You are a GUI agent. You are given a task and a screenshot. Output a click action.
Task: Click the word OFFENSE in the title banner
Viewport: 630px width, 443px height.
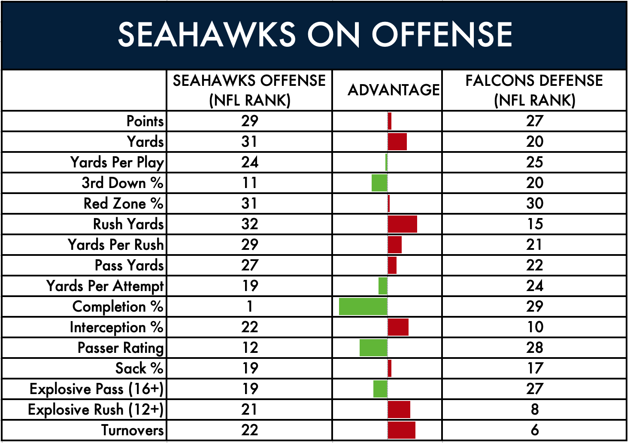tap(442, 35)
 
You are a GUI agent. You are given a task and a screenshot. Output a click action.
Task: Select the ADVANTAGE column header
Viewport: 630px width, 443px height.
tap(394, 90)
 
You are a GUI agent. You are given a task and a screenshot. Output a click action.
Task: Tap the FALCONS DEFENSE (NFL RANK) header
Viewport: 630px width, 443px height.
tap(534, 90)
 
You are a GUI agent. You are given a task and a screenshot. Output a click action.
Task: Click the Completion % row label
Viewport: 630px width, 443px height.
tap(118, 306)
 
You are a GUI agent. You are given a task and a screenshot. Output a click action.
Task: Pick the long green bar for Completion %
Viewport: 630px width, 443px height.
tap(363, 306)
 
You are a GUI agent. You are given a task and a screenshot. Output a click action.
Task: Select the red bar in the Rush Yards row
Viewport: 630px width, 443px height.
tap(403, 224)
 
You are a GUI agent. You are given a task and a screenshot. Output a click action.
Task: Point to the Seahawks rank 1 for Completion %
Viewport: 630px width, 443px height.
tap(249, 306)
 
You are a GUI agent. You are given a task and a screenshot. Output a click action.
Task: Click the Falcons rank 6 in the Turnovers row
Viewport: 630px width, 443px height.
tap(535, 430)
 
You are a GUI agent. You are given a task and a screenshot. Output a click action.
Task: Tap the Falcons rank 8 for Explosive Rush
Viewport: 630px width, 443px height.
tap(535, 409)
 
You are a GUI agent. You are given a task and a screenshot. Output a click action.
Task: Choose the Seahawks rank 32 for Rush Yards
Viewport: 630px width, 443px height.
tap(249, 224)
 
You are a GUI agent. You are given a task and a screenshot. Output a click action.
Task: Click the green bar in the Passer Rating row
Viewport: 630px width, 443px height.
tap(373, 348)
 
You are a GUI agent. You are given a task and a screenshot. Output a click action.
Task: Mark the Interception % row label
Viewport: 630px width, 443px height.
tap(116, 327)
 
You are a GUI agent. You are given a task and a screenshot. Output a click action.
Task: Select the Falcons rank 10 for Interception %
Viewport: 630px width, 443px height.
tap(535, 327)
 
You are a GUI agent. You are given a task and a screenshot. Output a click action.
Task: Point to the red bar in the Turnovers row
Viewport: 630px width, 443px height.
tap(402, 430)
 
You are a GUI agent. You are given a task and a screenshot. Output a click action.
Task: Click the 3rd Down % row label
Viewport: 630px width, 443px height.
tap(122, 183)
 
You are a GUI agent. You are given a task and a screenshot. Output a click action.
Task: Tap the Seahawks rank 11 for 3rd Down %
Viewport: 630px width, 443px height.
tap(249, 183)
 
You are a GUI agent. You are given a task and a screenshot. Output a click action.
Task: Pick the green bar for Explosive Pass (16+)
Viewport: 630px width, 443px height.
tap(380, 389)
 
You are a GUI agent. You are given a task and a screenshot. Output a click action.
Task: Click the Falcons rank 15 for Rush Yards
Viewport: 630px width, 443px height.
tap(535, 224)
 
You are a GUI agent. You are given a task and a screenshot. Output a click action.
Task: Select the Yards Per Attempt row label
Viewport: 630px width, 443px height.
tap(105, 286)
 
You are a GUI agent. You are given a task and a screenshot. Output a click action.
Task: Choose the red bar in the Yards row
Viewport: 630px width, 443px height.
tap(397, 142)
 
